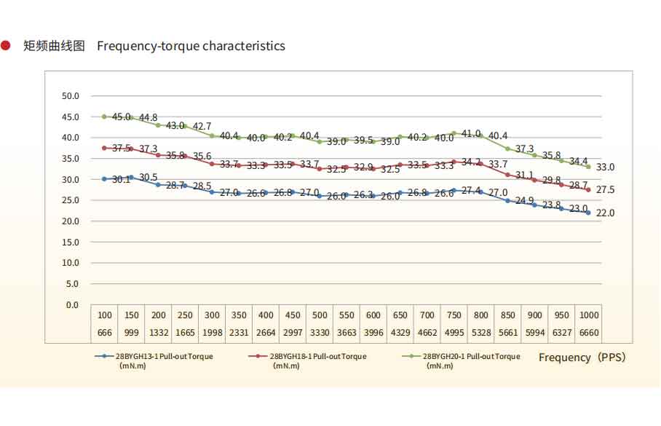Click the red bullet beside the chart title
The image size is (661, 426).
coord(6,46)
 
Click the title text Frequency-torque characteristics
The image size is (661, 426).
coord(191,46)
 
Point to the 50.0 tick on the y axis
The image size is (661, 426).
coord(71,96)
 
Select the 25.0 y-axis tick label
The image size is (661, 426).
coord(71,200)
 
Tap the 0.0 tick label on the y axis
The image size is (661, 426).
coord(73,304)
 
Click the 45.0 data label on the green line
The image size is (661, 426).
coord(122,117)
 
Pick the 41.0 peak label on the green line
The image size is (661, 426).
coord(471,134)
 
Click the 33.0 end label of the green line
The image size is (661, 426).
coord(606,167)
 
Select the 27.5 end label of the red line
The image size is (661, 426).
coord(606,190)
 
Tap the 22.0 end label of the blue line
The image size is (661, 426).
coord(606,213)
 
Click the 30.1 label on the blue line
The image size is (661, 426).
coord(121,179)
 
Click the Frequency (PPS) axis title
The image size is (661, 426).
coord(582,358)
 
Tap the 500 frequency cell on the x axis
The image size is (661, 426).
coord(320,315)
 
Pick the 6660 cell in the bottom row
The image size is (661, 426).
coord(588,332)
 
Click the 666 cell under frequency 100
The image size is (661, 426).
coord(105,332)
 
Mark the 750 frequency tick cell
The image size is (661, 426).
coord(454,315)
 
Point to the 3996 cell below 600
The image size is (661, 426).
coord(373,332)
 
